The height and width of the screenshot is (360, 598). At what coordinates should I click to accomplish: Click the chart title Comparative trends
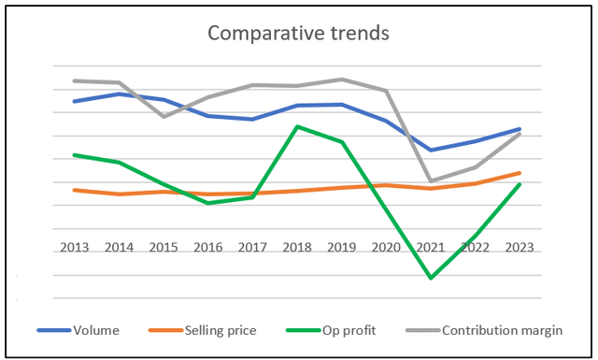pyautogui.click(x=299, y=34)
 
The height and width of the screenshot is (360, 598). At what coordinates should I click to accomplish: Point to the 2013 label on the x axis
pyautogui.click(x=75, y=248)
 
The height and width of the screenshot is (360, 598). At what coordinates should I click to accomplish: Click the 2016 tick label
pyautogui.click(x=208, y=248)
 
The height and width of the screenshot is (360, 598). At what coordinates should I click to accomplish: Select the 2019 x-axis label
pyautogui.click(x=342, y=248)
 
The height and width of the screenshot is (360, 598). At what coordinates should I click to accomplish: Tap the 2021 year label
pyautogui.click(x=431, y=248)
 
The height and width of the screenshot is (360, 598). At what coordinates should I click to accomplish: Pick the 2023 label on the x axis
pyautogui.click(x=520, y=248)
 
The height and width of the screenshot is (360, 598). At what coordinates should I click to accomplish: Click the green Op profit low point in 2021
pyautogui.click(x=431, y=278)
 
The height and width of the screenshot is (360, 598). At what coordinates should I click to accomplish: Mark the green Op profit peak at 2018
pyautogui.click(x=297, y=126)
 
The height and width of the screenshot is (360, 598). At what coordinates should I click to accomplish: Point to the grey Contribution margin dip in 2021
pyautogui.click(x=431, y=181)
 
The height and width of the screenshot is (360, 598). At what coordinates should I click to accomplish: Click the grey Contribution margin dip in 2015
pyautogui.click(x=164, y=117)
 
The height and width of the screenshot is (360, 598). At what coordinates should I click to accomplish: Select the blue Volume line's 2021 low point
pyautogui.click(x=431, y=150)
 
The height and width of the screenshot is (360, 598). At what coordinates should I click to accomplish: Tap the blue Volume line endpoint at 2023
pyautogui.click(x=520, y=129)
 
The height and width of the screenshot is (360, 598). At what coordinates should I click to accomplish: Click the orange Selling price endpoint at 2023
pyautogui.click(x=520, y=173)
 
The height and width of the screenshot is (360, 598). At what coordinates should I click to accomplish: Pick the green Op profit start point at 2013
pyautogui.click(x=75, y=155)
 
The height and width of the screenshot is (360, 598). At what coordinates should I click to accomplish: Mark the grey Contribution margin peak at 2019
pyautogui.click(x=342, y=79)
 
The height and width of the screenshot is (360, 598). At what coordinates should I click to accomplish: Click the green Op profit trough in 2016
pyautogui.click(x=208, y=203)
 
